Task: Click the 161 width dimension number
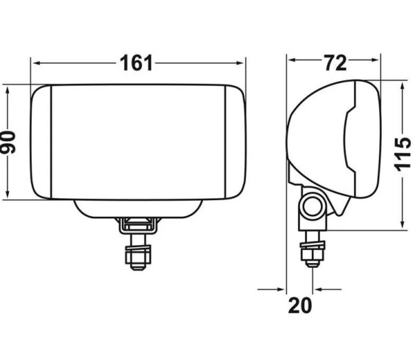136,63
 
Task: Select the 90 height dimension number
8,142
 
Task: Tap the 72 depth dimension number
335,63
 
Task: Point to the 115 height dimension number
402,154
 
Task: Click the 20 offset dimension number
299,305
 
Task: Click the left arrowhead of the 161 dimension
36,63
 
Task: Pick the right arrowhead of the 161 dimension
240,63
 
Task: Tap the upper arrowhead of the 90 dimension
8,91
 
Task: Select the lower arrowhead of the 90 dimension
8,194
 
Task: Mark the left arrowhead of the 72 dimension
293,61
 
